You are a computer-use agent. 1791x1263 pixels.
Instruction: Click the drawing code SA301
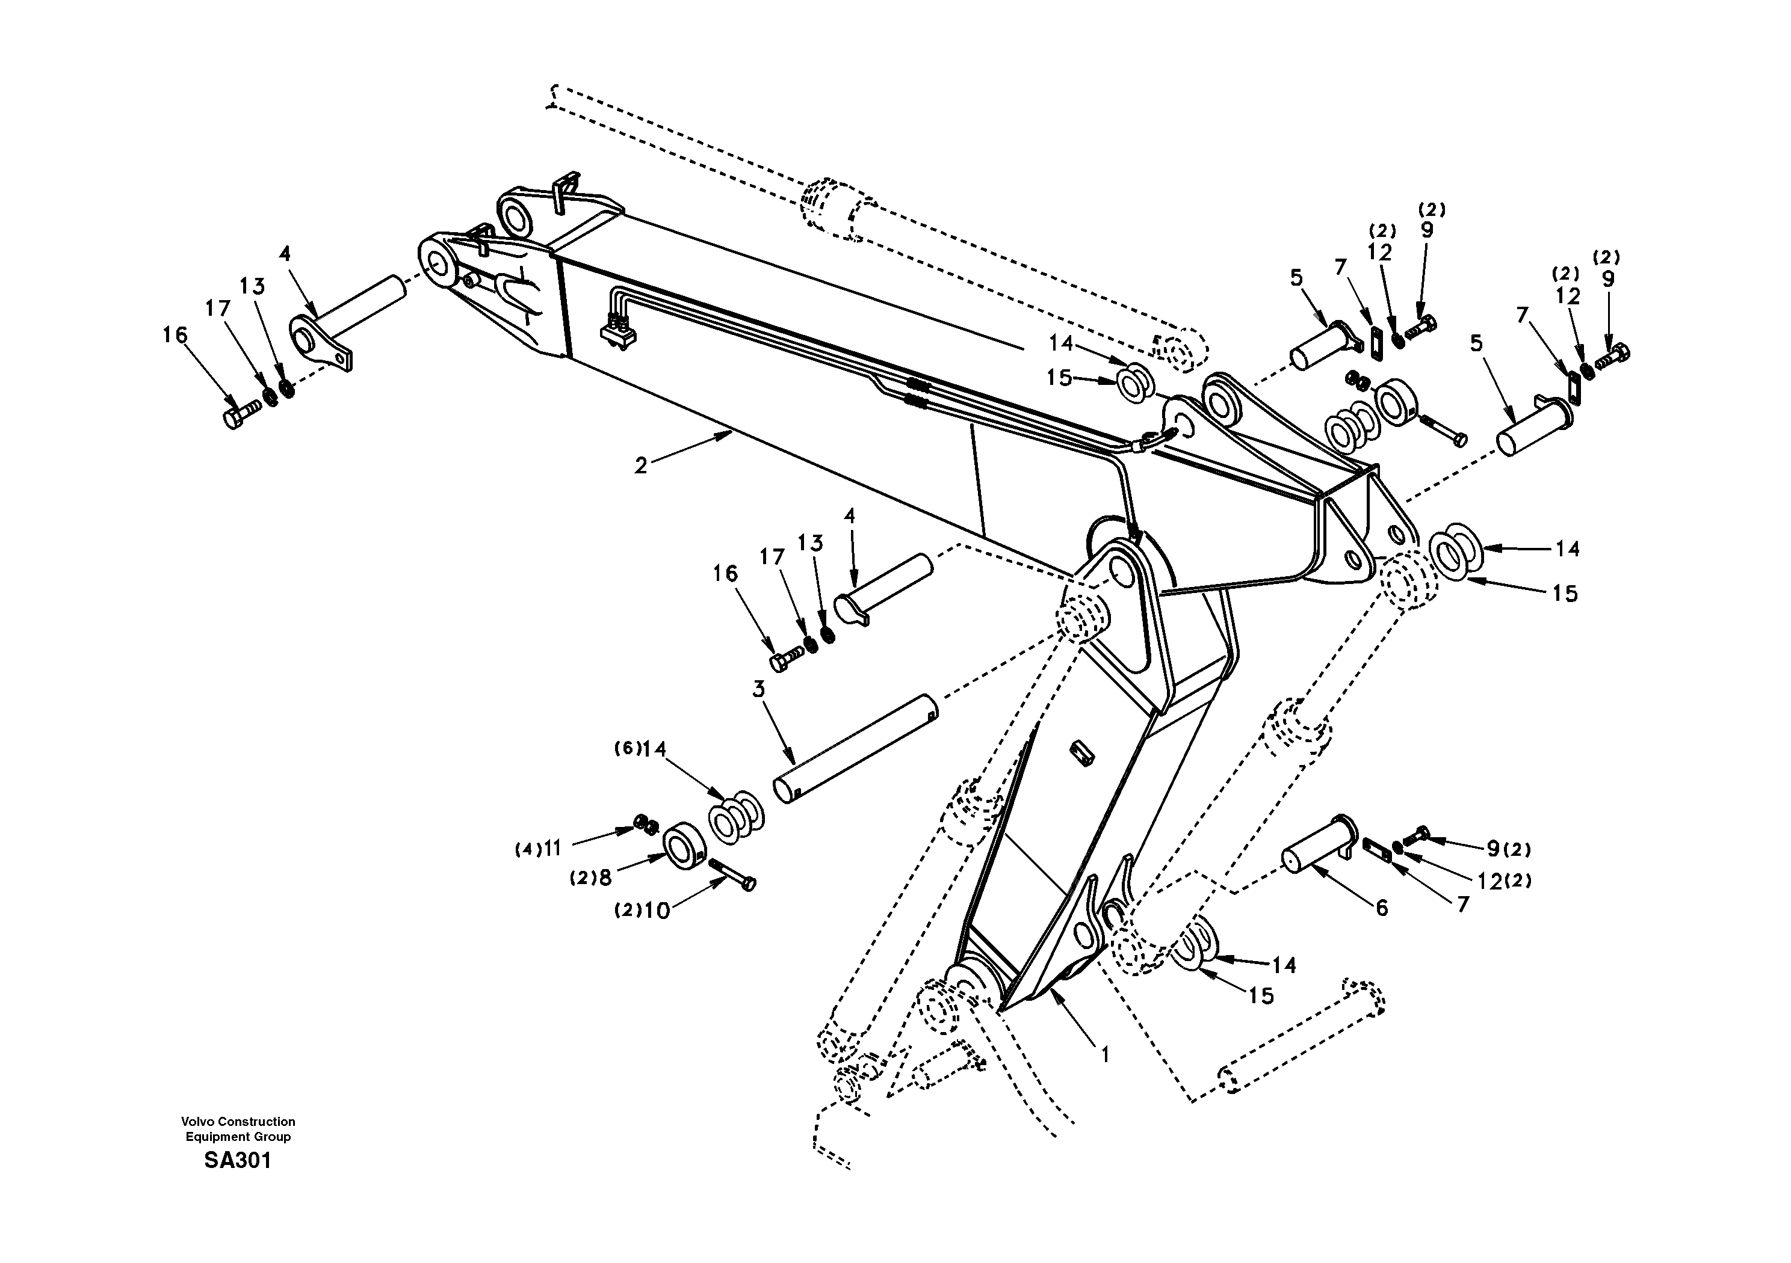[x=237, y=1161]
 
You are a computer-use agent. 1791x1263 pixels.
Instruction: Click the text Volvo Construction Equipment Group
[x=238, y=1129]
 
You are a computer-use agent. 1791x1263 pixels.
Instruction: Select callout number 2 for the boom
[x=640, y=466]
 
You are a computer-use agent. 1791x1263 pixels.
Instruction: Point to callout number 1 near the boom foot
[x=1104, y=1055]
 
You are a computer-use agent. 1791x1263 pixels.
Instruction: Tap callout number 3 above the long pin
[x=758, y=689]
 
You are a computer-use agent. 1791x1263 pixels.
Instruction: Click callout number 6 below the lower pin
[x=1382, y=908]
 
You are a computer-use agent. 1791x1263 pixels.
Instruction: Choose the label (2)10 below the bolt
[x=643, y=911]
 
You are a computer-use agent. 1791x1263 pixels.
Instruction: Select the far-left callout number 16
[x=175, y=335]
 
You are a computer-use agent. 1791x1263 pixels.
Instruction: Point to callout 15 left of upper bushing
[x=1059, y=378]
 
